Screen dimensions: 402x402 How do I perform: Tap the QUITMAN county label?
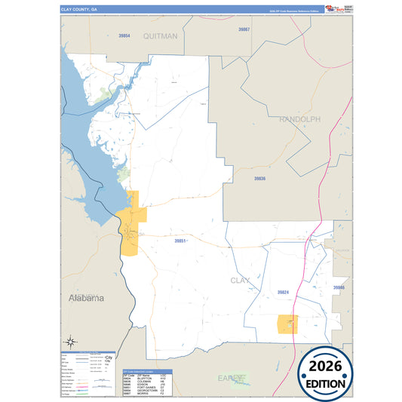tap(159, 35)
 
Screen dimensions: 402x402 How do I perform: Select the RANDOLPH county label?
tap(299, 119)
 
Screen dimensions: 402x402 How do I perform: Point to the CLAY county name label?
tap(239, 280)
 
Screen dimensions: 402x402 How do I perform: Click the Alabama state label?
tap(86, 298)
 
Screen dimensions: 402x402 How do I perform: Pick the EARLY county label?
tap(231, 376)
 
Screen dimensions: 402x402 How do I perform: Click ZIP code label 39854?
tap(124, 35)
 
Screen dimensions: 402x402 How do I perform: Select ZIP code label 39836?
tap(259, 178)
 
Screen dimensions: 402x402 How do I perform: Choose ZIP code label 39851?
tap(180, 241)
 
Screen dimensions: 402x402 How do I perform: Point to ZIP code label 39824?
tap(282, 291)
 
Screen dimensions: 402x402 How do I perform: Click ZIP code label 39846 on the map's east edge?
tap(339, 288)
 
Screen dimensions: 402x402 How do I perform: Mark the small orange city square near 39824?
tap(287, 324)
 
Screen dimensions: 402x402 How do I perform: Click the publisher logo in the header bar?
tap(331, 9)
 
